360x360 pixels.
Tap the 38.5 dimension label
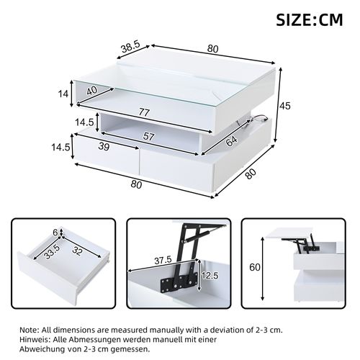coord(130,47)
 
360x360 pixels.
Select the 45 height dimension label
coord(284,106)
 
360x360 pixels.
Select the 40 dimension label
coord(92,91)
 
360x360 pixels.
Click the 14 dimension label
coord(63,94)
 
